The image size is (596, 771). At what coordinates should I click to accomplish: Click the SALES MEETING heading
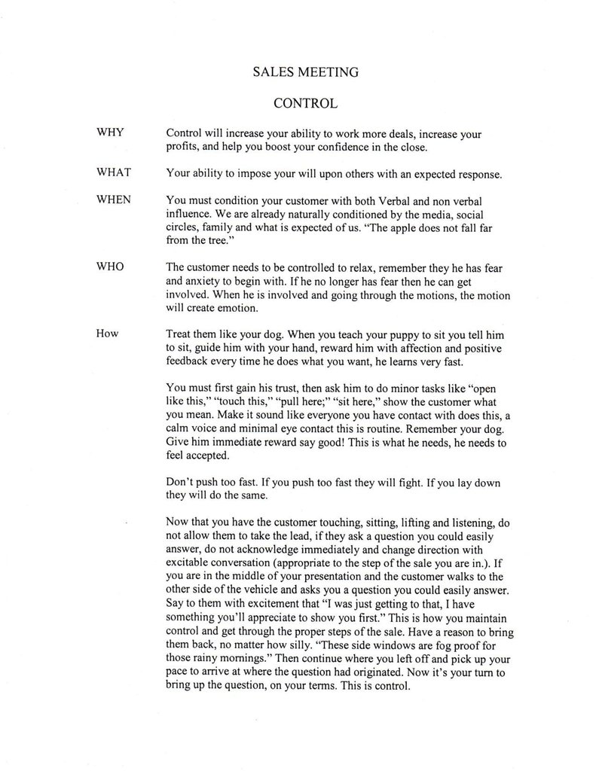tap(304, 72)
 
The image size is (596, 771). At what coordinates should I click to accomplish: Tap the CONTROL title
tap(304, 101)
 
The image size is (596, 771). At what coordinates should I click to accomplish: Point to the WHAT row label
tap(114, 172)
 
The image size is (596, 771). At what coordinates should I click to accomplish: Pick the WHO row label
tap(110, 267)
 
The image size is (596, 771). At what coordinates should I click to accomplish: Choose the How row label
tap(108, 333)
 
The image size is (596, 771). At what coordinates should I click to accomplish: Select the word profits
tap(182, 147)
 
